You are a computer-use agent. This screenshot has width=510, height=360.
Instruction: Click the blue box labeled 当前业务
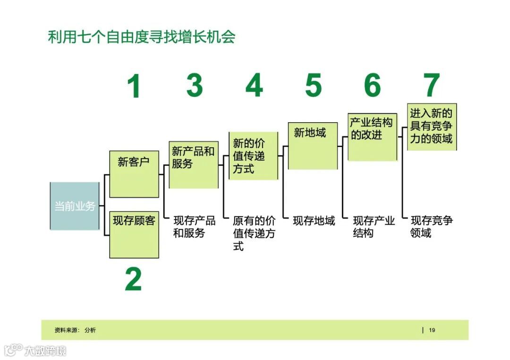point(75,206)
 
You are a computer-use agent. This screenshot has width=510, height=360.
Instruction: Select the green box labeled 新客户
point(134,174)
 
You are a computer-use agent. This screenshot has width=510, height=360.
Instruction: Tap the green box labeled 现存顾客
point(134,234)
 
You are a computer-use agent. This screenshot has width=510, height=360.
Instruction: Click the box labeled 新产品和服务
point(194,165)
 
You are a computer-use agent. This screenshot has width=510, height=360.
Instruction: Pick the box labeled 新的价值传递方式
point(254,156)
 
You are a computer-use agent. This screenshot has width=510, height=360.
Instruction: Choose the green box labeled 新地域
point(313,146)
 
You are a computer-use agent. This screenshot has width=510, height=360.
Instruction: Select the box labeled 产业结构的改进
point(372,137)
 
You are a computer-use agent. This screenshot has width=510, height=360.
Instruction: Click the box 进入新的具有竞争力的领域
point(432,127)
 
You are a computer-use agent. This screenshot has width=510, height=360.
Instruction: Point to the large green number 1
point(134,87)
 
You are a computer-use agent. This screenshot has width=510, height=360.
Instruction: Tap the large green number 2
point(133,279)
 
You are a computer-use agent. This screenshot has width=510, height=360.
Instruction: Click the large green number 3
point(194,85)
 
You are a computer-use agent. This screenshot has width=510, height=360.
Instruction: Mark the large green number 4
point(254,85)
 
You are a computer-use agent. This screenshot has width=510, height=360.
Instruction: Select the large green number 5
point(313,85)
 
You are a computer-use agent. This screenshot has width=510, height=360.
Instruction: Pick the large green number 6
point(372,85)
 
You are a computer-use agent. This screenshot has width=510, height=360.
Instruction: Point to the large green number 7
point(432,85)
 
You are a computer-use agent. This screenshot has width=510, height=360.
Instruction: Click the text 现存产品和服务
point(194,226)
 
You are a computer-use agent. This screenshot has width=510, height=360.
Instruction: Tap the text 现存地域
point(314,220)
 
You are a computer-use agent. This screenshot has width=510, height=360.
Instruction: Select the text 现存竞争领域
point(432,226)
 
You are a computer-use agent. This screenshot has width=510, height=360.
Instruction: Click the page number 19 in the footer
point(432,330)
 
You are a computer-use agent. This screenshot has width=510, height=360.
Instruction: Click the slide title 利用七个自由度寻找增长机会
point(142,37)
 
